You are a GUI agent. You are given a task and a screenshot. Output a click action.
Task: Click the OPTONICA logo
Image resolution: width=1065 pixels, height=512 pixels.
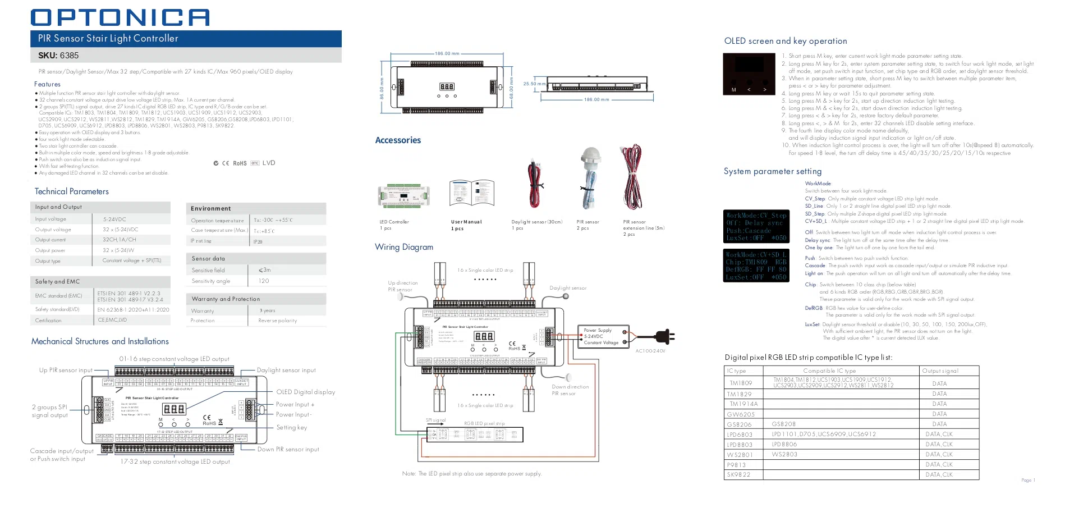tap(120, 17)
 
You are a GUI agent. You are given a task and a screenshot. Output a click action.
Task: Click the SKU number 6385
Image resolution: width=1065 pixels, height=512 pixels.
tap(69, 56)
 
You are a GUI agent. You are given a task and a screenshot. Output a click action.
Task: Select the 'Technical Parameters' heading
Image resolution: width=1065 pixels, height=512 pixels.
tap(72, 191)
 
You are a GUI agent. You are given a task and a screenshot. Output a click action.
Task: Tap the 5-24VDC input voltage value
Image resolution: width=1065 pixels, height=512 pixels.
tap(114, 220)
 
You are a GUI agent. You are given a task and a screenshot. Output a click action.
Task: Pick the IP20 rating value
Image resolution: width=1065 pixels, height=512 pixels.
tap(258, 242)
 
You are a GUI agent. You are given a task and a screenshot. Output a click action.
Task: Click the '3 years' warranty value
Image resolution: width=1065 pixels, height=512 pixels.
tap(267, 310)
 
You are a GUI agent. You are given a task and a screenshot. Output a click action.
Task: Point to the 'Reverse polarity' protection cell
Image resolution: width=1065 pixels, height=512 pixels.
tap(277, 321)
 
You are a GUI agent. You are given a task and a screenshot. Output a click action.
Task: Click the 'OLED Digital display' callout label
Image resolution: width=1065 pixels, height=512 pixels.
tap(305, 392)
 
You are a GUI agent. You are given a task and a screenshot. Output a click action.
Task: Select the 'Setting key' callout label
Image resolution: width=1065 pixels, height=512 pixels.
tap(292, 428)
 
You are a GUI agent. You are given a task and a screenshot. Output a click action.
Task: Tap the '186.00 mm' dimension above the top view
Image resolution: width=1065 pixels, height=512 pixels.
tap(447, 54)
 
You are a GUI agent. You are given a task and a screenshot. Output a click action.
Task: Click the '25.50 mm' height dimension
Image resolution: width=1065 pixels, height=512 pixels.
tap(534, 84)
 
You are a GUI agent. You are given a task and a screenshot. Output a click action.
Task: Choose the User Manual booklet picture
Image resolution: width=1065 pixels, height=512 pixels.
tap(471, 194)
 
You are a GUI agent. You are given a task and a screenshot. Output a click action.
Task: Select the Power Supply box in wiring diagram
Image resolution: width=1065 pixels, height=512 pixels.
tap(603, 336)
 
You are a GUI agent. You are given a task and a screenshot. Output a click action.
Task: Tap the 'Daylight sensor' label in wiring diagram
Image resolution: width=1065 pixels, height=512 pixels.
tap(568, 288)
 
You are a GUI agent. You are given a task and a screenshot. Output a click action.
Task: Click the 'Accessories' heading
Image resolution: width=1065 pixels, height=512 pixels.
tap(398, 140)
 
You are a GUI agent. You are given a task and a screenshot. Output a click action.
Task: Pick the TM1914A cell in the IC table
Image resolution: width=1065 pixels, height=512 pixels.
tap(743, 404)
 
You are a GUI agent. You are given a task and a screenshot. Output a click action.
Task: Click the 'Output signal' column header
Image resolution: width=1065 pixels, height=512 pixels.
tap(940, 371)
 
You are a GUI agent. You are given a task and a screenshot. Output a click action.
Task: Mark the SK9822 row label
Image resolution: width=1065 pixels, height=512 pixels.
tap(739, 475)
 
